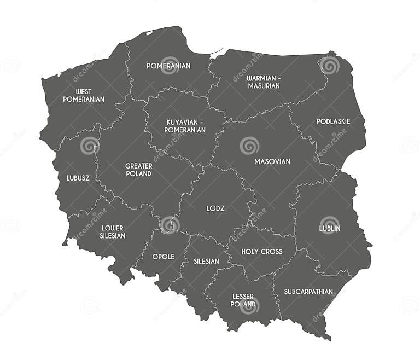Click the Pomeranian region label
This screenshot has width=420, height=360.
[168, 66]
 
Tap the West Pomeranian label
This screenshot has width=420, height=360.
[84, 95]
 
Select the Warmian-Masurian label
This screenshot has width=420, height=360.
[264, 82]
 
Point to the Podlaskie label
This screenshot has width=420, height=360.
[334, 121]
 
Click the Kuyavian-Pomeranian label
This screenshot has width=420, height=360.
[185, 126]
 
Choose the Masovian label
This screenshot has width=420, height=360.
[272, 161]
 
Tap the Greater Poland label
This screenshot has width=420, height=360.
[138, 170]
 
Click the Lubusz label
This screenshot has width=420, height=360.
[78, 178]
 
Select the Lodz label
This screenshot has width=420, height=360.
[215, 208]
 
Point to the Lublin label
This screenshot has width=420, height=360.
[330, 228]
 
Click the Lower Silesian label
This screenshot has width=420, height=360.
[113, 231]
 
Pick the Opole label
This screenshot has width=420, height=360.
[164, 257]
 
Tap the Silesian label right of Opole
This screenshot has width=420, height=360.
[206, 261]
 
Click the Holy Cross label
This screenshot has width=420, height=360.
[262, 252]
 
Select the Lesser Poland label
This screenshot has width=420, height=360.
[243, 300]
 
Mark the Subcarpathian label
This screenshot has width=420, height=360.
[308, 292]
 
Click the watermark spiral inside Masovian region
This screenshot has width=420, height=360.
[249, 146]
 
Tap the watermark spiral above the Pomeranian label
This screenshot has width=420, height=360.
[170, 62]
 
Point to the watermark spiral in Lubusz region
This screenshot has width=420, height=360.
[89, 146]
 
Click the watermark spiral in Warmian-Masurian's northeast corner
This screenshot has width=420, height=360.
[329, 66]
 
